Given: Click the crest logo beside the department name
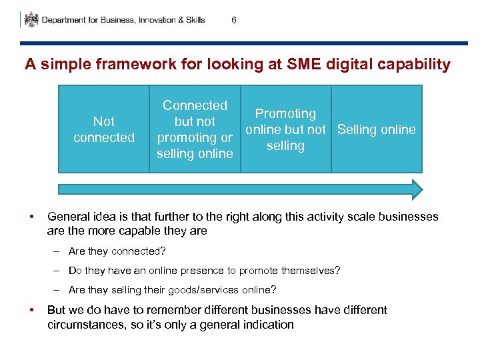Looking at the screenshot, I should click(31, 20).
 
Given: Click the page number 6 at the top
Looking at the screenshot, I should click(233, 20).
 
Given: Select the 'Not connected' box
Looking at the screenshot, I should click(104, 129).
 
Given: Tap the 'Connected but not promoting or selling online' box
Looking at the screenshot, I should click(195, 129).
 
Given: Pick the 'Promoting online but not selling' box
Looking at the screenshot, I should click(285, 129).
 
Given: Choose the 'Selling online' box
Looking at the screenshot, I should click(377, 129).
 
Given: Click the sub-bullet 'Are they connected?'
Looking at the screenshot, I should click(117, 251).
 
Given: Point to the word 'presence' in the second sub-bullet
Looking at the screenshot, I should click(229, 271).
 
